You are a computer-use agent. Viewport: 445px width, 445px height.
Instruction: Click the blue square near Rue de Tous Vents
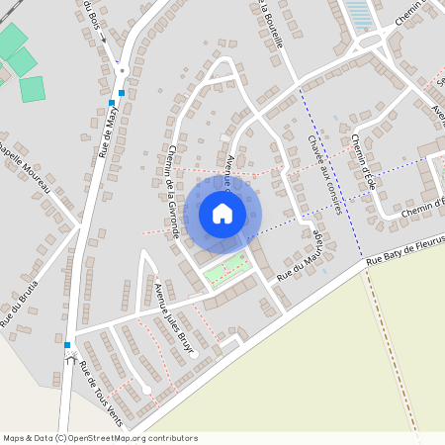(67, 344)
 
